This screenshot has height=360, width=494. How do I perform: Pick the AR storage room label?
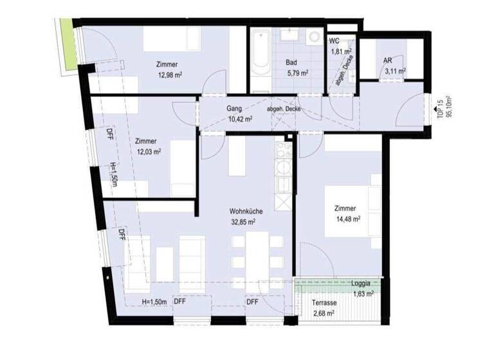tap(388, 61)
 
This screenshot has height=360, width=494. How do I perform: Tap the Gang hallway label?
tap(234, 109)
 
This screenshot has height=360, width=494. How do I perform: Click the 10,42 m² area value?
tap(239, 119)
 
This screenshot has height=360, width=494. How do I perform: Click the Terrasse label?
tap(325, 303)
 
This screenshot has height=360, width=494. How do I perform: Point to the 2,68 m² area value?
tap(323, 314)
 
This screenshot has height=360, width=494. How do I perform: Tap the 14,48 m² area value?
tap(347, 219)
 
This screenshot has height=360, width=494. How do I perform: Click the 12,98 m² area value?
tap(169, 74)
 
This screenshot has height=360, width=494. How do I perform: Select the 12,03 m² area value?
tap(148, 152)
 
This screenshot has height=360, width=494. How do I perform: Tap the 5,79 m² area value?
tap(298, 73)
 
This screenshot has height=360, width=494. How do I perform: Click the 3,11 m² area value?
tap(394, 71)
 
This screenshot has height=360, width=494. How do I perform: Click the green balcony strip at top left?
tap(65, 44)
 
